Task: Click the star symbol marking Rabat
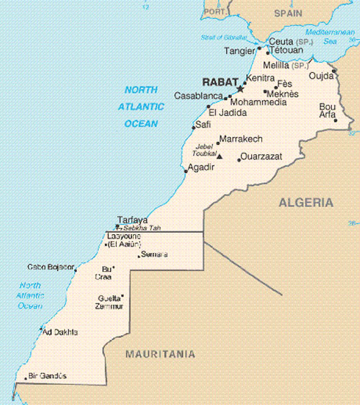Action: tap(240, 88)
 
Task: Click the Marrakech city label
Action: tap(240, 138)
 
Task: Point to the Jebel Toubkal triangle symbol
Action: tap(220, 156)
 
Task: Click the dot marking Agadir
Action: tap(186, 172)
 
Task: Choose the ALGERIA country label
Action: tap(305, 202)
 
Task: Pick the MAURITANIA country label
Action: tap(160, 354)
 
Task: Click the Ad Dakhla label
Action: tap(60, 331)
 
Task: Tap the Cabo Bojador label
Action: tap(50, 267)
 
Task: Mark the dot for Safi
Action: tap(192, 129)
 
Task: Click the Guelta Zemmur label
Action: tap(109, 302)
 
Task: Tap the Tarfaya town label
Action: tap(132, 220)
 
